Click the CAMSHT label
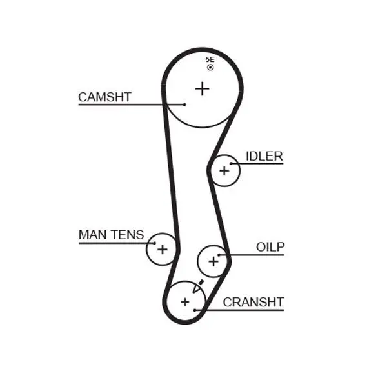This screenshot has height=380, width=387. [104, 97]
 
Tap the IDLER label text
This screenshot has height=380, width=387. [264, 156]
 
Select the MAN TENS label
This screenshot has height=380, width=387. [111, 235]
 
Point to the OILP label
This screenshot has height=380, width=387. [270, 246]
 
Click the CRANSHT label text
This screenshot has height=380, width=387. [253, 302]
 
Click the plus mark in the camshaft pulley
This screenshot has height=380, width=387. [203, 88]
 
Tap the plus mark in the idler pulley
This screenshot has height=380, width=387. [224, 170]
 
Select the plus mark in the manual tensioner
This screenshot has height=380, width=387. [162, 249]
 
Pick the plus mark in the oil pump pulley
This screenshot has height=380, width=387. [213, 261]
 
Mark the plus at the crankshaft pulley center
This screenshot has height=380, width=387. [185, 301]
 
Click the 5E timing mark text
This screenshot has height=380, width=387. [210, 59]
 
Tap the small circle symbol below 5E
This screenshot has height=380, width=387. [210, 67]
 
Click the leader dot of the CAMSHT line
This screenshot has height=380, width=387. [184, 104]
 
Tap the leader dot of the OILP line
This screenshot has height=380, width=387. [220, 255]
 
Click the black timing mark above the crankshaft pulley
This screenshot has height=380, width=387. [199, 285]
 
